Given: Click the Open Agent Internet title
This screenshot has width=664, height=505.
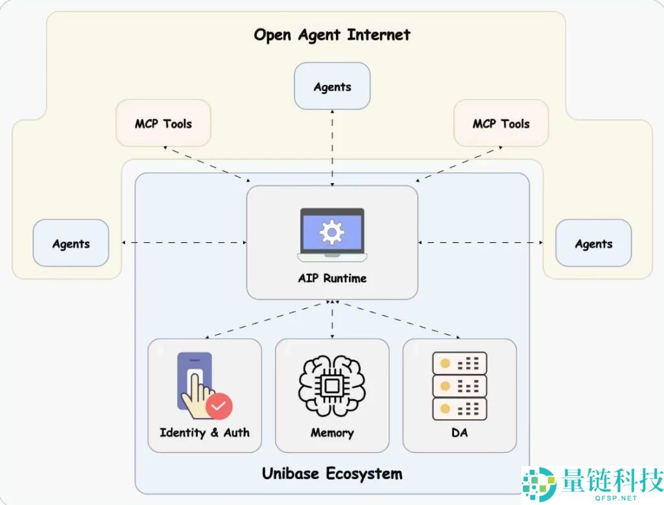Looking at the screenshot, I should pos(331,34).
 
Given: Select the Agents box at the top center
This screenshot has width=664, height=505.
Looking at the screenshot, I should pos(332,86).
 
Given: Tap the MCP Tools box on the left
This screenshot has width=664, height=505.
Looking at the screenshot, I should pos(163,123).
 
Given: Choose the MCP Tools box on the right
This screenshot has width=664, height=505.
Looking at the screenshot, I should pos(501,123).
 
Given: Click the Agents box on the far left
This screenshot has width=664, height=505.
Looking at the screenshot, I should pos(71,243).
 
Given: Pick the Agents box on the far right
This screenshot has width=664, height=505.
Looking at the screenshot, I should pos(593,243).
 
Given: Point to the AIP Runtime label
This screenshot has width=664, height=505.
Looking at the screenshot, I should pos(332,278).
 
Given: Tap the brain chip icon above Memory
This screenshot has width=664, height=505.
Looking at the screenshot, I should pos(332,386).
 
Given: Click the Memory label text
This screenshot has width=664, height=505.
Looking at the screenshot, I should pos(332,432).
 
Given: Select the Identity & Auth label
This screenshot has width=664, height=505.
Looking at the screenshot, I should pos(204,432).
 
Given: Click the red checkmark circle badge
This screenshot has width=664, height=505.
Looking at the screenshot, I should pos(219,407).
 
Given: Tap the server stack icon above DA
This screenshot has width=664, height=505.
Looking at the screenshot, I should pos(459,386).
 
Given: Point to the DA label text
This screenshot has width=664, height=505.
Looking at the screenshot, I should pos(459,432).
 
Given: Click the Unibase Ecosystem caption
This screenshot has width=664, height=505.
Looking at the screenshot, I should pos(332,473).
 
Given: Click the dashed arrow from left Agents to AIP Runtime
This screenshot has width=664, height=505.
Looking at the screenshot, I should pos(184,242).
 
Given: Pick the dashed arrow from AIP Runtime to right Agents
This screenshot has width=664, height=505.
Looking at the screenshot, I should pos(480,242).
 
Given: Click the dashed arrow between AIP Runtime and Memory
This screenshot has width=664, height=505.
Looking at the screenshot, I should pos(332,319).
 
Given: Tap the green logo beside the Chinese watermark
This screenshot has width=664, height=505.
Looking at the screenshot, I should pos(539,484).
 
